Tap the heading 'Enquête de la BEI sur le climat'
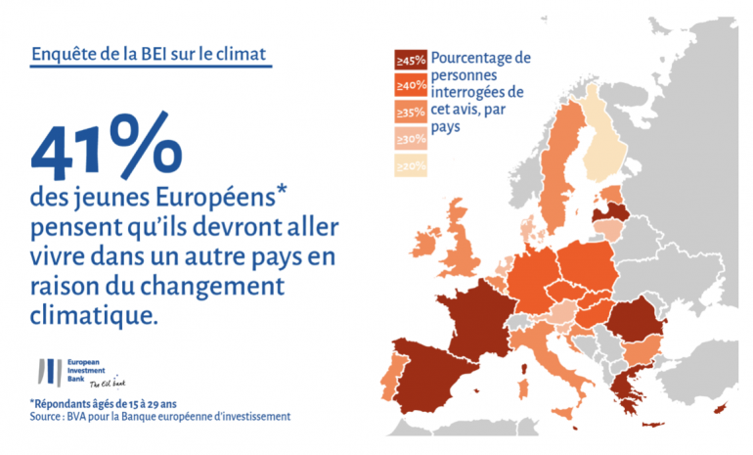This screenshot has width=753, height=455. click(x=151, y=55)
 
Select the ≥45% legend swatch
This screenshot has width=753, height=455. click(x=410, y=61)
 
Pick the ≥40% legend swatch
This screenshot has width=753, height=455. click(x=410, y=86)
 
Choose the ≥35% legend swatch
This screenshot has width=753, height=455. click(x=410, y=112)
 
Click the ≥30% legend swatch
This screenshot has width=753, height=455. click(x=410, y=138)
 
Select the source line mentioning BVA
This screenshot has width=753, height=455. click(x=160, y=417)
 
